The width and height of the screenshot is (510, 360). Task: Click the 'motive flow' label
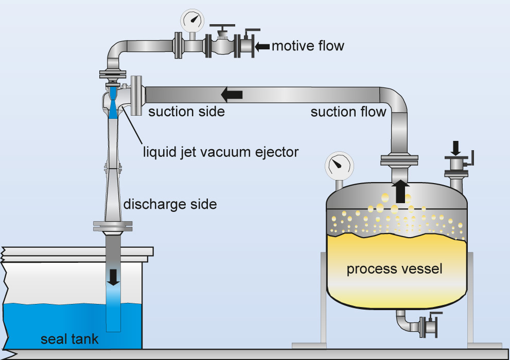coord(308,46)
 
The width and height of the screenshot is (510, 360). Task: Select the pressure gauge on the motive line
coord(191,21)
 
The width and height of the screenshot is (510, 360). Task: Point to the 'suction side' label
coord(186,112)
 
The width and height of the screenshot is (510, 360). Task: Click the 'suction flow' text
coord(348,112)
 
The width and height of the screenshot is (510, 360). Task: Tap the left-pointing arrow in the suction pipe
coord(232,95)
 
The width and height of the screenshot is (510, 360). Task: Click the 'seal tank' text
coord(69,339)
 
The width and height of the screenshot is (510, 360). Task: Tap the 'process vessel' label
coord(394,269)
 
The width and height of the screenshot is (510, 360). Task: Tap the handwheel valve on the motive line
coord(222,45)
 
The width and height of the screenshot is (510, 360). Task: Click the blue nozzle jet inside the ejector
coord(113,106)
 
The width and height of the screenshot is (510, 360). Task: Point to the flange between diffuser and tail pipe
coord(113,225)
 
